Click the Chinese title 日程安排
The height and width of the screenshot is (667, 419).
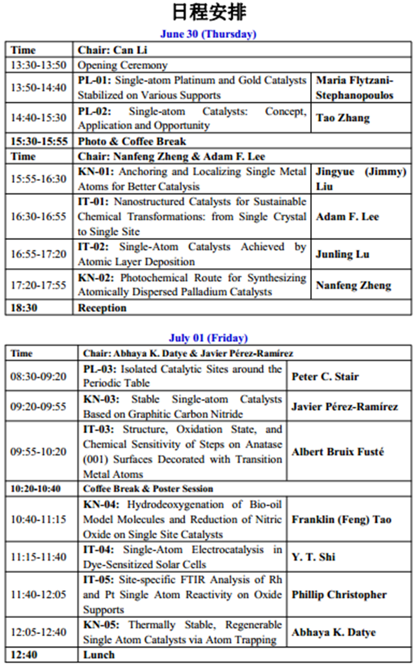point(209,12)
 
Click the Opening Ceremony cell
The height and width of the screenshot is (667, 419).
point(123,65)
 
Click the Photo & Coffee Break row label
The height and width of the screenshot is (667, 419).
point(132,141)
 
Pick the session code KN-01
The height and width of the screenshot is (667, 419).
point(95,172)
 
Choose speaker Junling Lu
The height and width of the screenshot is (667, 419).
point(342,254)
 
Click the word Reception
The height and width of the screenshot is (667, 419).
point(102,308)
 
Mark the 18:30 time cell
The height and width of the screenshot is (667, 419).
point(24,308)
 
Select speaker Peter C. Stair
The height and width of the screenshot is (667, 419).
point(325,376)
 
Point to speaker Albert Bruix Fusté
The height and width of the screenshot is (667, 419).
point(337,452)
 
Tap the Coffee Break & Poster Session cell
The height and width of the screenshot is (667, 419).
point(148,489)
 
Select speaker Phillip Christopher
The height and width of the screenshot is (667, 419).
point(338,594)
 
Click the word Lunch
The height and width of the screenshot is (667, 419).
point(99,655)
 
